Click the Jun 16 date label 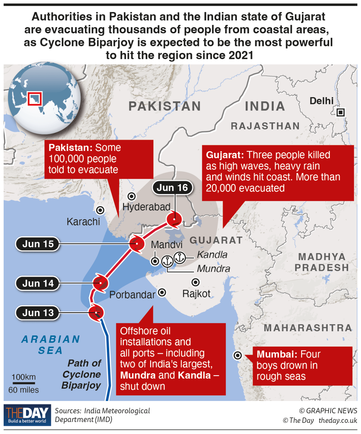point(172,188)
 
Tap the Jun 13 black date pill point(38,313)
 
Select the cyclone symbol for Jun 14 point(100,283)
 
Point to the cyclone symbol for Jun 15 point(137,244)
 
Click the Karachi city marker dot point(100,210)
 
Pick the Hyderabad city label point(146,207)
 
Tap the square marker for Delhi point(341,112)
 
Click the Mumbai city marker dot point(238,355)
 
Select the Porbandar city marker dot point(162,292)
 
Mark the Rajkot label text point(196,294)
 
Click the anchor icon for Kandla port point(179,257)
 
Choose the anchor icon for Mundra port point(167,261)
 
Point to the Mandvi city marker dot point(155,261)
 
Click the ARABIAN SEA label point(51,344)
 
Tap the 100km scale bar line point(24,383)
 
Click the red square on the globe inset point(35,99)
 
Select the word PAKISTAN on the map point(165,106)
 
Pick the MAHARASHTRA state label point(308,328)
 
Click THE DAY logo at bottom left point(27,415)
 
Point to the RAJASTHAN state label point(265,126)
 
